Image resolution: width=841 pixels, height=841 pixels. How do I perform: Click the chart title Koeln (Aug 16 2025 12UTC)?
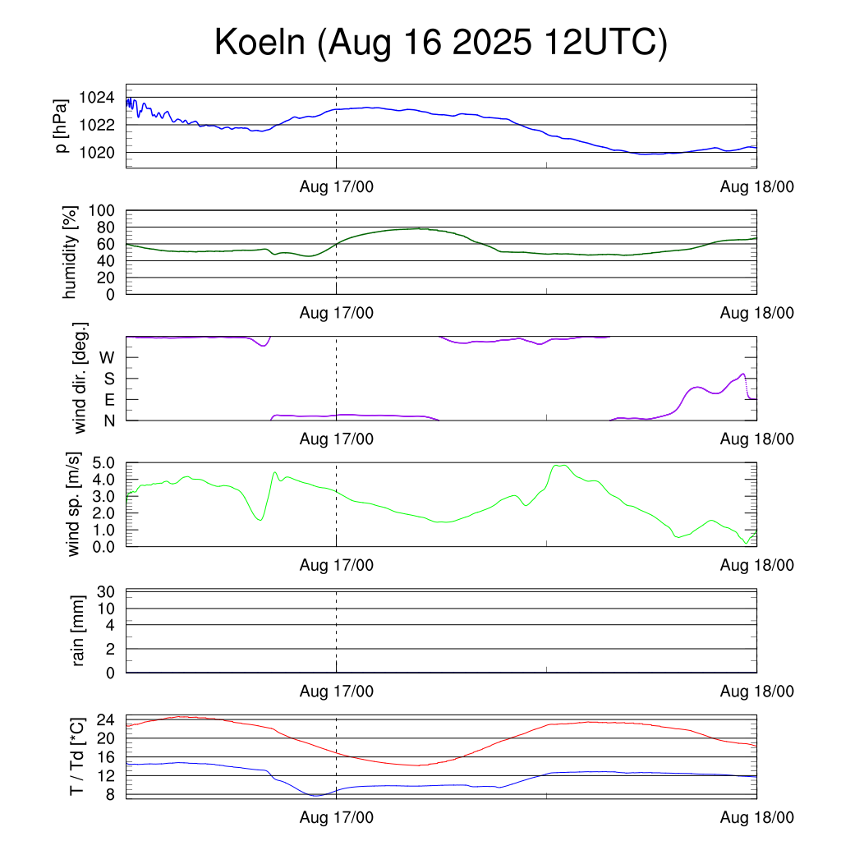coord(441,43)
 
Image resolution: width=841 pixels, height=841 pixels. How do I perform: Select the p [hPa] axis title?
coord(62,126)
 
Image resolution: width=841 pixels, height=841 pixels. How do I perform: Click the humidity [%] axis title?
coord(71,252)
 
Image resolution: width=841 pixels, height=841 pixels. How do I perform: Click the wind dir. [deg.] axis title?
coord(80,379)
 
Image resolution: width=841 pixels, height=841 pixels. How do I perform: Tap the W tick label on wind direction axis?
coord(107,358)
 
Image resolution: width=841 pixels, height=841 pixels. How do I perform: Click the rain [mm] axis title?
coord(79,632)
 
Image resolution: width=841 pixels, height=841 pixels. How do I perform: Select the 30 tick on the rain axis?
coord(107,591)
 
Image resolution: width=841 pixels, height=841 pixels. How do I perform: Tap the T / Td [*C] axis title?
coord(76,757)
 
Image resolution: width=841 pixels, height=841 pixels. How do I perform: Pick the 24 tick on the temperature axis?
coord(106,719)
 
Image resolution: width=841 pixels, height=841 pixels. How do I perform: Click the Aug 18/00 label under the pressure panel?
coord(756,186)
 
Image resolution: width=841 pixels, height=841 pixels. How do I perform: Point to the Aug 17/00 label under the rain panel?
coord(337,692)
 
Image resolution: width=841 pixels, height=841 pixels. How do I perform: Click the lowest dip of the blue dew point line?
coord(316,795)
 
